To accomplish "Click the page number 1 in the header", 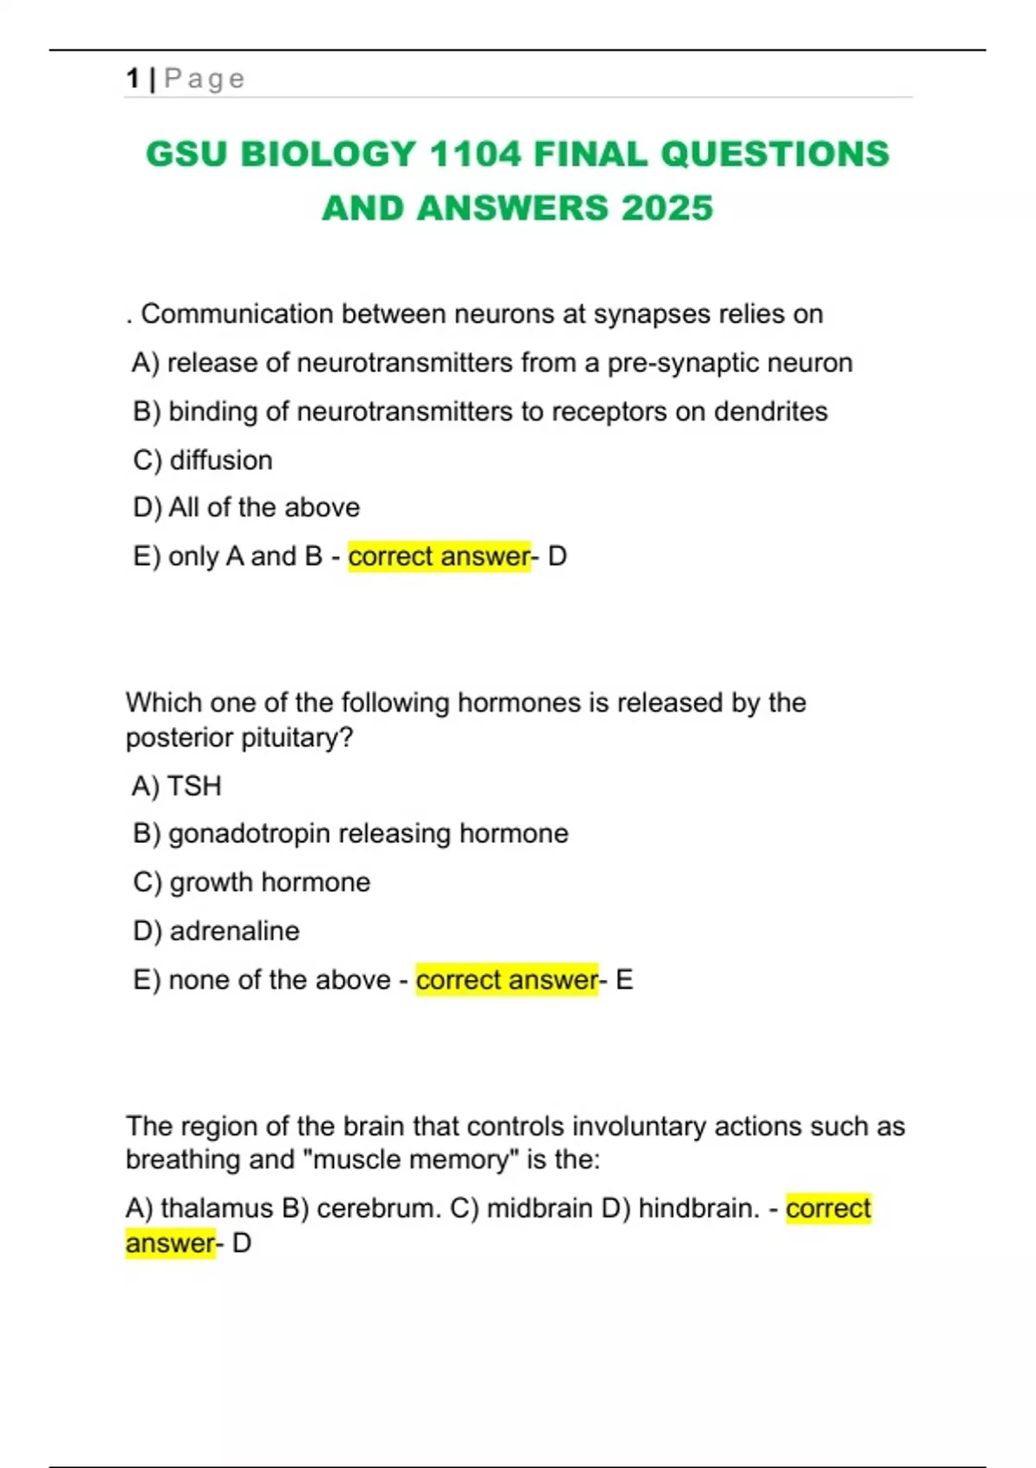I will point(132,79).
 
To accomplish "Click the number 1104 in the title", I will point(477,155).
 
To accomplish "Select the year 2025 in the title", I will point(666,208).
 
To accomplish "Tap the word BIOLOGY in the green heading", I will point(329,155).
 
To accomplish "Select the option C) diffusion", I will point(203,460).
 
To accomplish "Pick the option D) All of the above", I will point(247,508).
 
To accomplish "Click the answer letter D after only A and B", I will point(558,557).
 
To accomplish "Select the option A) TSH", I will point(178,786).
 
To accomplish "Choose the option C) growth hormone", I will point(252,883).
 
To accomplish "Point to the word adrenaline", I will point(235,931).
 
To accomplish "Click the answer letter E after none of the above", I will point(623,980).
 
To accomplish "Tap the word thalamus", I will point(216,1208).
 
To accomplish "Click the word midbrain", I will point(540,1208).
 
